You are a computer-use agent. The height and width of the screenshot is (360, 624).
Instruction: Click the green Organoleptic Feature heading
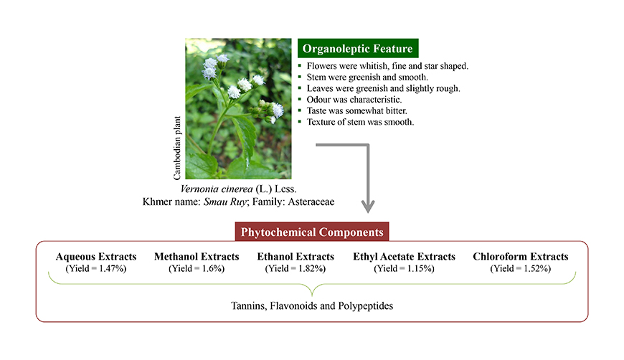coord(358,48)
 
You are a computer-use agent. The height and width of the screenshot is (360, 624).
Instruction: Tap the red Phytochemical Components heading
coord(312,232)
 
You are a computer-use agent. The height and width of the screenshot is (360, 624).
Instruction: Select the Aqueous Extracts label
coord(96,257)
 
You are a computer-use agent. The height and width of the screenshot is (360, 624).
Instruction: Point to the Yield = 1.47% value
coord(96,268)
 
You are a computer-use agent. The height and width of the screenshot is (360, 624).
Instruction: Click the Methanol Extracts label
coord(197,257)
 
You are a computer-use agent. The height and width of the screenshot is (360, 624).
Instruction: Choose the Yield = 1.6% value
coord(197,268)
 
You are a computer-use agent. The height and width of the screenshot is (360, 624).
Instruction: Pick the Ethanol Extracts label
coord(296,257)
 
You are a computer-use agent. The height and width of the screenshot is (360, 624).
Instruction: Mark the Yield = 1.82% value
coord(296,268)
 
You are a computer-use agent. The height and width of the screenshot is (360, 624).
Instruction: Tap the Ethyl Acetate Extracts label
coord(404,257)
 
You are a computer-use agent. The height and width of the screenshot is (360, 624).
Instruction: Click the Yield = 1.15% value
coord(404,268)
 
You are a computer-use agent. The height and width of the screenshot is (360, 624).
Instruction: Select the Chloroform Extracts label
coord(521,257)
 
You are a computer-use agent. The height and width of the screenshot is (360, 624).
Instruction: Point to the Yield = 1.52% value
coord(521,268)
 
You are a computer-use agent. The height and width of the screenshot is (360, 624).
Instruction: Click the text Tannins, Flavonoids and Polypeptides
coord(312,306)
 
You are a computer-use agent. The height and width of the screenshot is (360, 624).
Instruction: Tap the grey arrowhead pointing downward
coord(368,207)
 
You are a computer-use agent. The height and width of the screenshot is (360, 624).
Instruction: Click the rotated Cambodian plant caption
coord(177,148)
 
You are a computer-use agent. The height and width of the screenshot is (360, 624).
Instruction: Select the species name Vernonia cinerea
coord(217,189)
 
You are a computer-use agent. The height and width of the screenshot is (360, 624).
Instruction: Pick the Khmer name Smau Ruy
coord(225,202)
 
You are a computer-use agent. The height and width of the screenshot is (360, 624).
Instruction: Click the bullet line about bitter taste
coord(353,110)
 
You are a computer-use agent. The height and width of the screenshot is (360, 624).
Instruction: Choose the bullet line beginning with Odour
coord(350,100)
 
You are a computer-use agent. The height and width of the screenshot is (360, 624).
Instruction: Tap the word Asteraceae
coord(311,202)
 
